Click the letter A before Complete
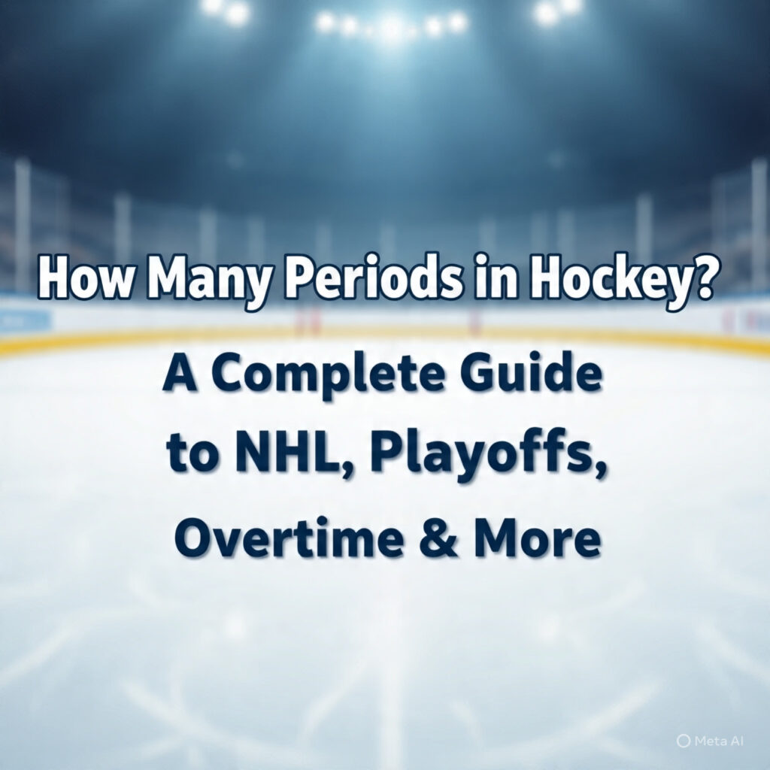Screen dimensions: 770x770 [x=179, y=376]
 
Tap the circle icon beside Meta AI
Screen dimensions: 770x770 [x=683, y=741]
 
